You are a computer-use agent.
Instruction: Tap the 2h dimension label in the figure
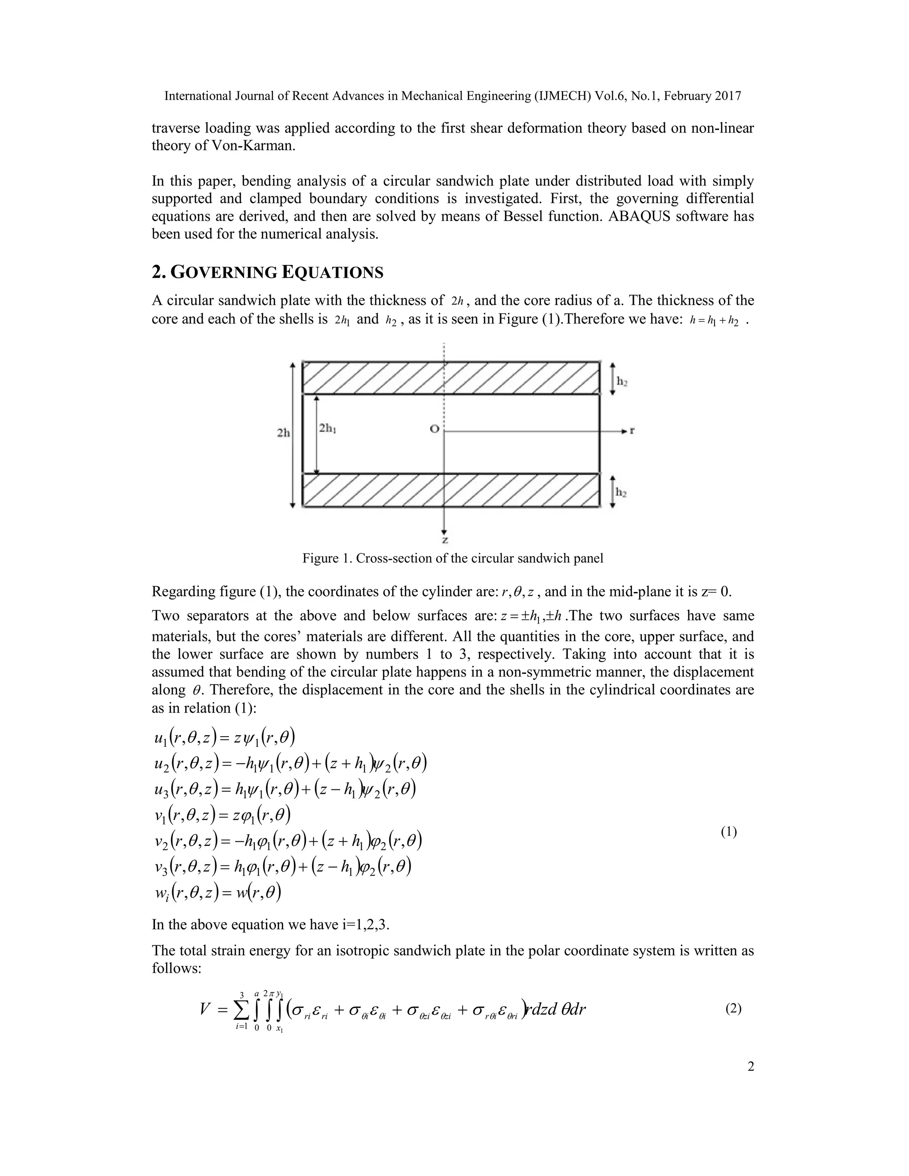point(283,432)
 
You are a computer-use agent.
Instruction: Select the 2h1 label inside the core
point(328,429)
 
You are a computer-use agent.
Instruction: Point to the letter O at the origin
point(434,429)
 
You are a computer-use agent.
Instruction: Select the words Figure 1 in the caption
point(326,558)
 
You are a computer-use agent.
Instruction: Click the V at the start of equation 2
point(205,1010)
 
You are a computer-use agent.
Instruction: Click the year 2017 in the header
point(728,96)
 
